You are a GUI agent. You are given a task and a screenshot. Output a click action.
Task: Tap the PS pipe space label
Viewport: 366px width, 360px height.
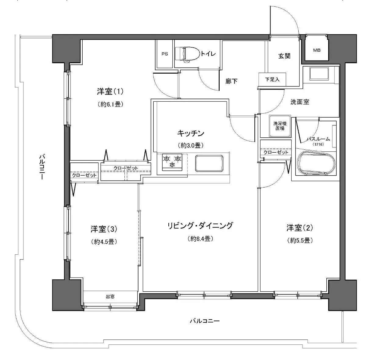tap(165, 54)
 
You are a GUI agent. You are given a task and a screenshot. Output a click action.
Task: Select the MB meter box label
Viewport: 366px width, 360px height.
tap(317, 50)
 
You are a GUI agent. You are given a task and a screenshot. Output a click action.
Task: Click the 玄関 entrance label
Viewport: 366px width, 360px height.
tap(284, 56)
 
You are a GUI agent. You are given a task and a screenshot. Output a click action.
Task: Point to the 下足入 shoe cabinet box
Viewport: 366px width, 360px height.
tap(272, 80)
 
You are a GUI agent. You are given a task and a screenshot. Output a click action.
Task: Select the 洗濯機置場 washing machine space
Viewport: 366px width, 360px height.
tap(279, 126)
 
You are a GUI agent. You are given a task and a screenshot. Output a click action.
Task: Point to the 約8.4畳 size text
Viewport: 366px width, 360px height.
tap(200, 239)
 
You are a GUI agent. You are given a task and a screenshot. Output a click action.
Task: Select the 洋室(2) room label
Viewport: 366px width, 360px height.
tap(300, 228)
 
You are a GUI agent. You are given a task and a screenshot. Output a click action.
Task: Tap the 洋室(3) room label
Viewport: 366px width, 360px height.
tap(104, 229)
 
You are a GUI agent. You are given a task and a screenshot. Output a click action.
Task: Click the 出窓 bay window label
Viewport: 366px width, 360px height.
tap(110, 296)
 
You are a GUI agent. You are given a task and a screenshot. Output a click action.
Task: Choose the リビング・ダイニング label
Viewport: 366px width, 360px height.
tap(200, 226)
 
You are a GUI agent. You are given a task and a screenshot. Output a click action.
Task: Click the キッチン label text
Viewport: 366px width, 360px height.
tap(190, 133)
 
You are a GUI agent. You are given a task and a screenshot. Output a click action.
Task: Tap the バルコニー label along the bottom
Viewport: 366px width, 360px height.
tap(204, 321)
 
